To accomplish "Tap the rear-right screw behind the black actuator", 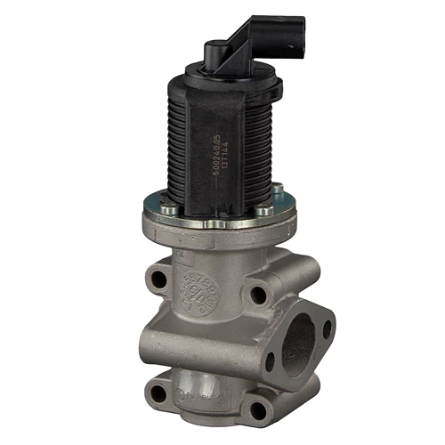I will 277,188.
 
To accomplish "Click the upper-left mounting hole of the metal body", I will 158,279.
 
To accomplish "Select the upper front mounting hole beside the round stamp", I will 256,295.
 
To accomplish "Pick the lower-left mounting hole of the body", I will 158,393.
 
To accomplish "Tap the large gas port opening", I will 301,342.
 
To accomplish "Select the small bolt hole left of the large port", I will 270,360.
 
